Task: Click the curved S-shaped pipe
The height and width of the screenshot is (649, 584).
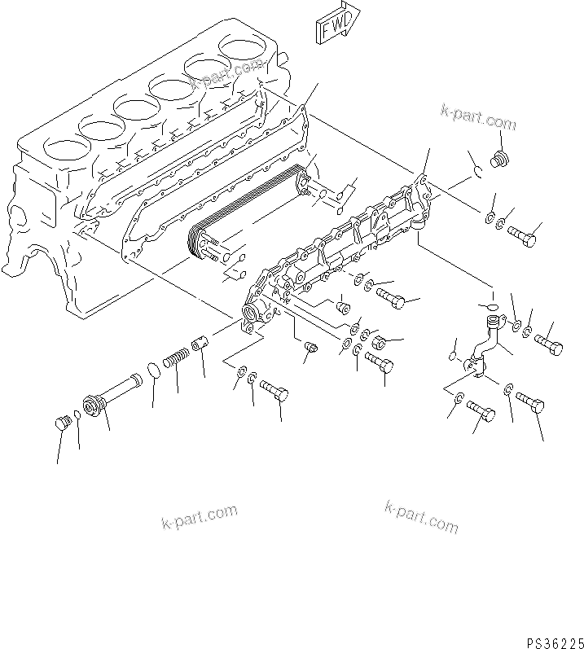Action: click(x=485, y=350)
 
